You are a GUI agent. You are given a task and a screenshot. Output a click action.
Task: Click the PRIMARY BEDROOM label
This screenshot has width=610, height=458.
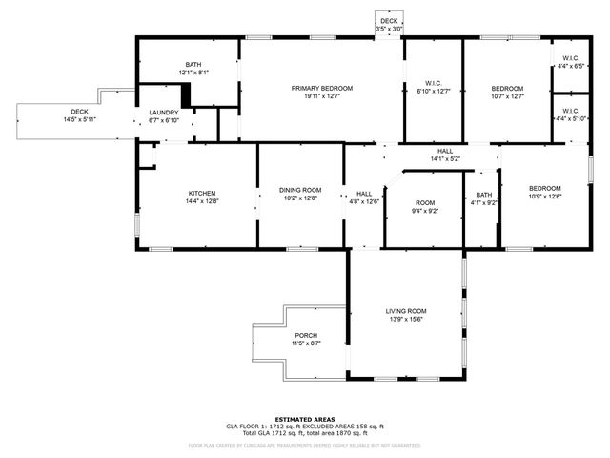pyautogui.click(x=322, y=88)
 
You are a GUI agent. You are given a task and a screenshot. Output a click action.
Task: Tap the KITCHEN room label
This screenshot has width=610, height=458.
pyautogui.click(x=202, y=192)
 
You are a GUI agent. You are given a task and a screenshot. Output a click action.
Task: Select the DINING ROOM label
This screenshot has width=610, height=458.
pyautogui.click(x=300, y=191)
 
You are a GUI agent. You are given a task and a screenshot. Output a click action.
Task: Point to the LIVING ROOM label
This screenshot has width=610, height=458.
pyautogui.click(x=406, y=311)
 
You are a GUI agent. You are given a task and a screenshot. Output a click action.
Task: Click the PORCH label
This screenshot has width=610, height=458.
pyautogui.click(x=306, y=335)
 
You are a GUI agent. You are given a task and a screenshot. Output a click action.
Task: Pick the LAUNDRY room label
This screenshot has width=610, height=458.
pyautogui.click(x=164, y=113)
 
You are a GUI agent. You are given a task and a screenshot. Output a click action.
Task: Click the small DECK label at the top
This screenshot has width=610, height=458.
pyautogui.click(x=389, y=21)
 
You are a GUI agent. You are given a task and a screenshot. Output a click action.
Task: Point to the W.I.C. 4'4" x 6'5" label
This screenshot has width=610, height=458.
pyautogui.click(x=572, y=59)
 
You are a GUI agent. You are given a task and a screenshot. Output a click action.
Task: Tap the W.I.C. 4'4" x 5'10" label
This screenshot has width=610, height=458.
pyautogui.click(x=571, y=111)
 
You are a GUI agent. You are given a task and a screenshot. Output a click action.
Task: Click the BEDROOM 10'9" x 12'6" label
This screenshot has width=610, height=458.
pyautogui.click(x=545, y=188)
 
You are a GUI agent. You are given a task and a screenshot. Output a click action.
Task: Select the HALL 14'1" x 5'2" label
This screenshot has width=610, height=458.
pyautogui.click(x=445, y=151)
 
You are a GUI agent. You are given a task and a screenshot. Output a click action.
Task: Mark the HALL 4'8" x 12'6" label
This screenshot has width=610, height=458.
pyautogui.click(x=364, y=193)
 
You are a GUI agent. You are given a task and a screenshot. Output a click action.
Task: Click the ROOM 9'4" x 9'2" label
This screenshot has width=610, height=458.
pyautogui.click(x=425, y=203)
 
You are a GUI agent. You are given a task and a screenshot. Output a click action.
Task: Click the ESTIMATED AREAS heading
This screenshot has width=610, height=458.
pyautogui.click(x=304, y=419)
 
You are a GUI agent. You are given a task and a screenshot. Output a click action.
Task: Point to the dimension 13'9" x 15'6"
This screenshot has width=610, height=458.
pyautogui.click(x=406, y=320)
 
